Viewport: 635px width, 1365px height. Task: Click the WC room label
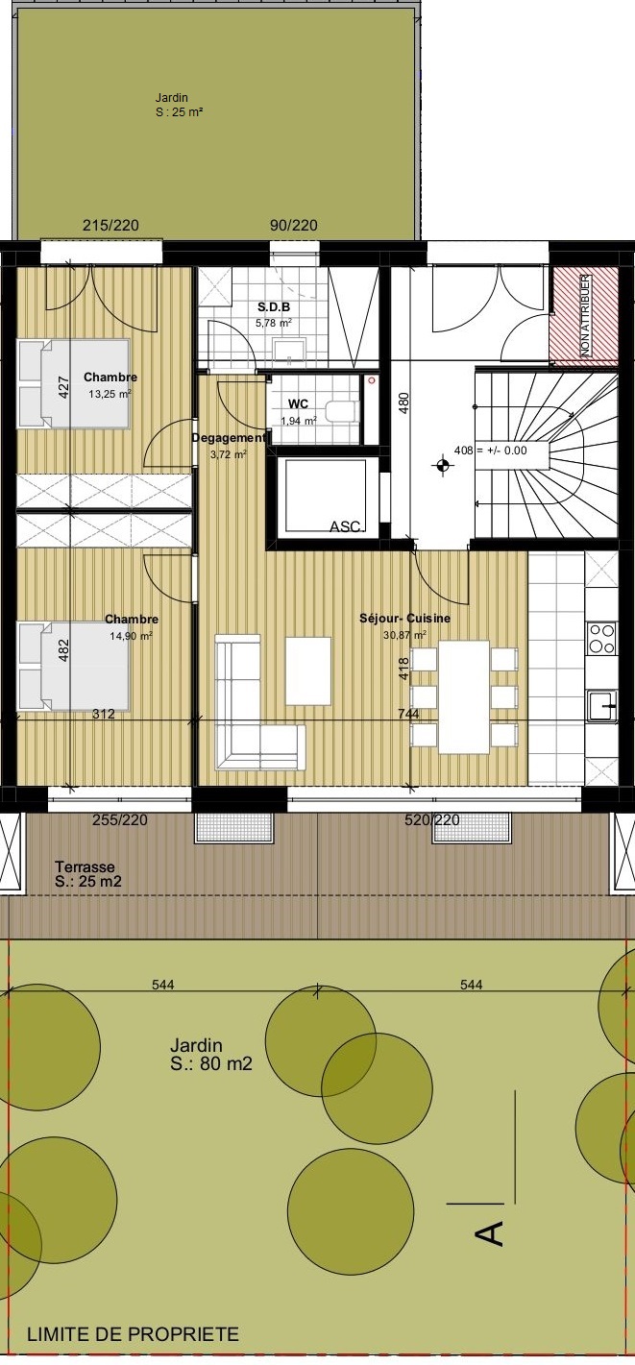[298, 404]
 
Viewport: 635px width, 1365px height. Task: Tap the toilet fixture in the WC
[340, 411]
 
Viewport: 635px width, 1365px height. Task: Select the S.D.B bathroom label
[274, 307]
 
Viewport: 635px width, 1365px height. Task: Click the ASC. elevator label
[347, 526]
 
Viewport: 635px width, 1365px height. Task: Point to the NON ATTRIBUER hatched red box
[584, 316]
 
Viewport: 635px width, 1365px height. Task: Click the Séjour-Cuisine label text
[404, 618]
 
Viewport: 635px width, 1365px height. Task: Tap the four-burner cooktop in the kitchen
[601, 638]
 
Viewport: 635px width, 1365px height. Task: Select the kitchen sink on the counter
[602, 706]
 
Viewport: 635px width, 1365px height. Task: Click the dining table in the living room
[464, 696]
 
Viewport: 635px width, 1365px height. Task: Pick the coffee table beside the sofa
[308, 670]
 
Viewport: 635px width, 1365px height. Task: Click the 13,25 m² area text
[110, 394]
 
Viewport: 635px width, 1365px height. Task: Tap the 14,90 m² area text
[131, 636]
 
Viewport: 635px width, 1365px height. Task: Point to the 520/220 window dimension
[432, 820]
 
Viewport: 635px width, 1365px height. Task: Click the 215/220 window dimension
[110, 226]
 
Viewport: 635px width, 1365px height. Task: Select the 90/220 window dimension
[294, 226]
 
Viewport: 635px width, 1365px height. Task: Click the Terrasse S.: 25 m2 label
[87, 874]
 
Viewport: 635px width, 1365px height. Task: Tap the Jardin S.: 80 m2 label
[210, 1055]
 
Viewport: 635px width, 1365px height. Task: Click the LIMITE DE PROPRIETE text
[133, 1334]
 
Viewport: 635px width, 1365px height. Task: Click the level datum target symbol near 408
[443, 466]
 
